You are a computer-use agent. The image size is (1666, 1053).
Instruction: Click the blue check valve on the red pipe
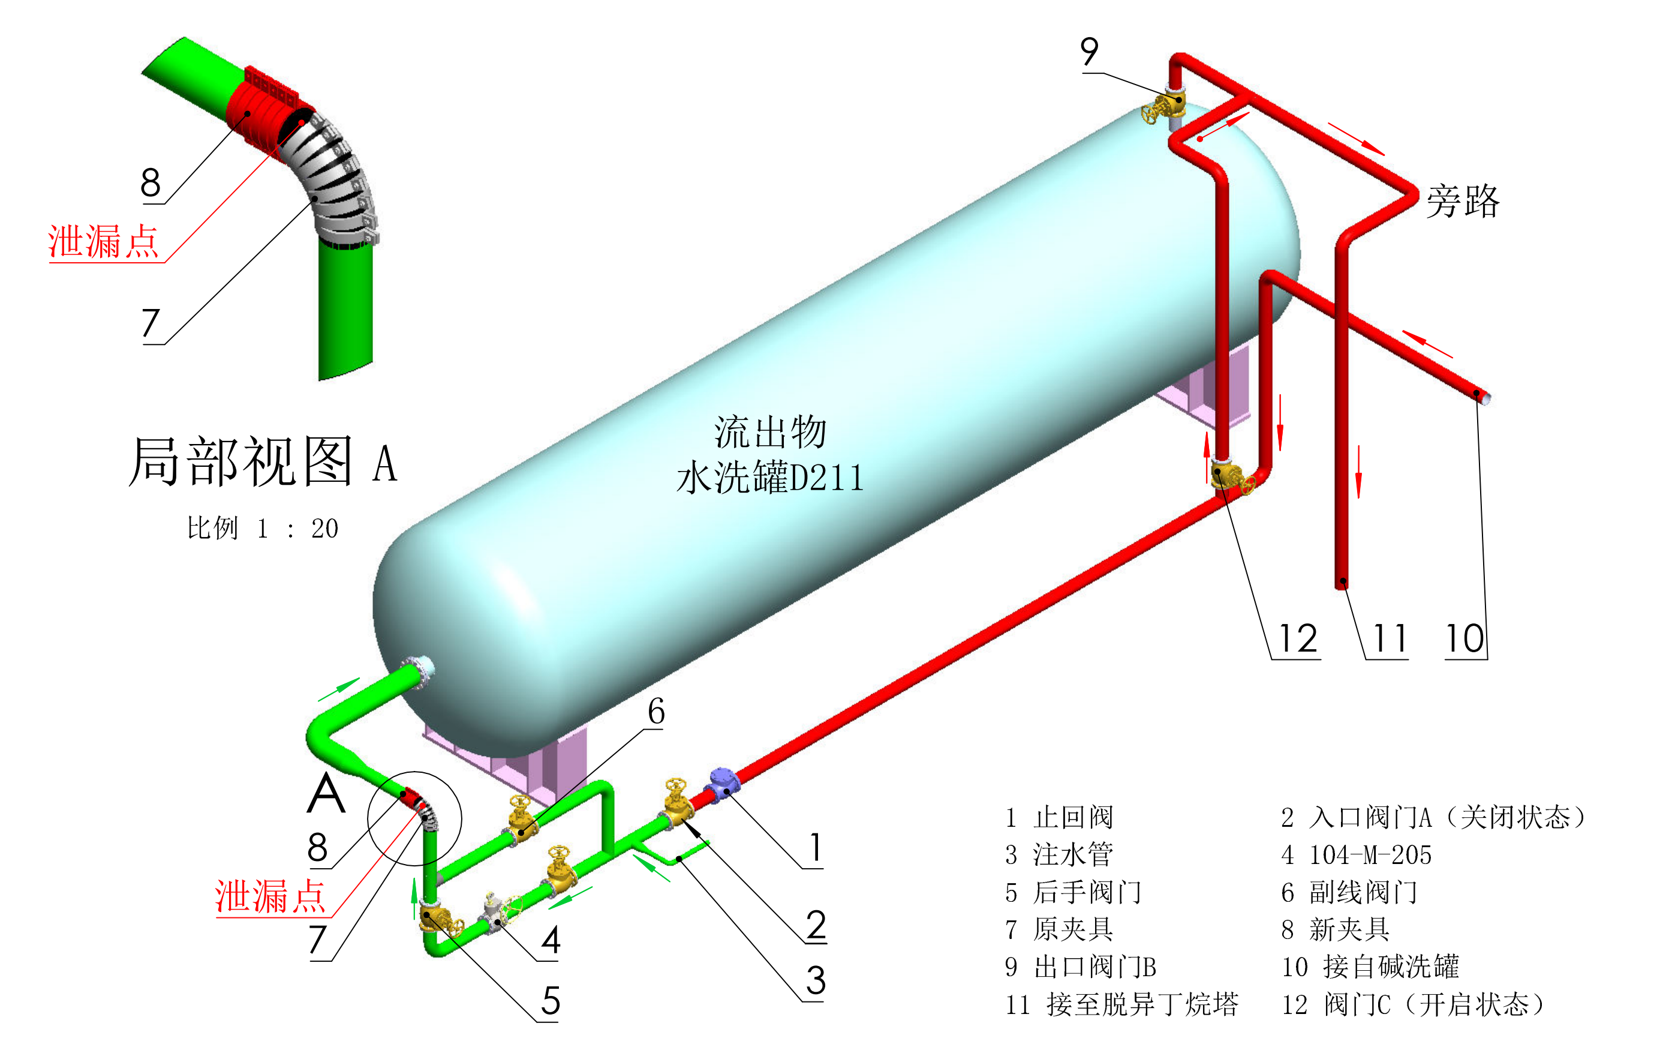point(723,784)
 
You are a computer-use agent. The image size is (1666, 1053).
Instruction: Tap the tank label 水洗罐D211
point(770,478)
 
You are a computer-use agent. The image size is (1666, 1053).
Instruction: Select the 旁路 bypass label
point(1463,202)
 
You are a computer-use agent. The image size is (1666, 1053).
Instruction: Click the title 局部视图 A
point(263,462)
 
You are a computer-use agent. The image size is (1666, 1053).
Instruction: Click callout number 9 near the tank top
point(1089,52)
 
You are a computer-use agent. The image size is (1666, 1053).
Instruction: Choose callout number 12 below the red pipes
point(1298,638)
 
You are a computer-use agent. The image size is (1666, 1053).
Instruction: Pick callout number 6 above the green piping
point(656,712)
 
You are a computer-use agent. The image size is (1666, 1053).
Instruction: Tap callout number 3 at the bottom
point(816,981)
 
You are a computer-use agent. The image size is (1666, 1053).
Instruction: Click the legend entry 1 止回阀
point(1059,818)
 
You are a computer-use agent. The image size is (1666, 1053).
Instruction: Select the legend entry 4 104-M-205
point(1356,855)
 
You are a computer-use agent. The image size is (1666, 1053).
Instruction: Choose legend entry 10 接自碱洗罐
point(1370,967)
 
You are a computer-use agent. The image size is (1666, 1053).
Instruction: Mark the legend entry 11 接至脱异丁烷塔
point(1121,1004)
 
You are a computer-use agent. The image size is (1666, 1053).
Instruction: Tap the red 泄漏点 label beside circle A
point(270,897)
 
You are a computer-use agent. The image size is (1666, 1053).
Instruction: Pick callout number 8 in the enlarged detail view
point(150,184)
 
